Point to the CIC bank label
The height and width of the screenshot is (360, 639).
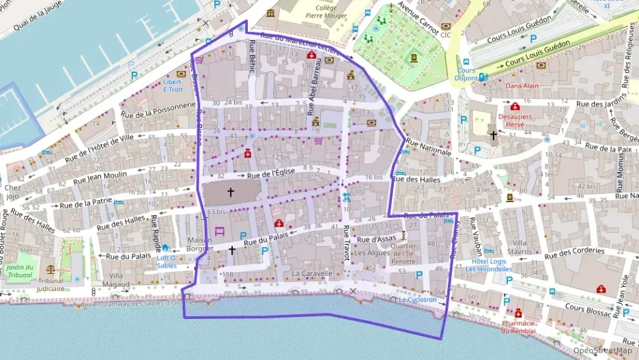pos(446,34)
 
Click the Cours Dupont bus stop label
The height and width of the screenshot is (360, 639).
pos(466,74)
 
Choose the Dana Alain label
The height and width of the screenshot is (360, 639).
pos(522,86)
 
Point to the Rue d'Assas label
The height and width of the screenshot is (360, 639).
pos(376,240)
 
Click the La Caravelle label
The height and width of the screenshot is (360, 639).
pos(311,273)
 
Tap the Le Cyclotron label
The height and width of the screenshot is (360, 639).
pos(418,299)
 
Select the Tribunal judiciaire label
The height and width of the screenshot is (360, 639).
pos(51,284)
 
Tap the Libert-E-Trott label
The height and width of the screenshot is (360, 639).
pos(173,85)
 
